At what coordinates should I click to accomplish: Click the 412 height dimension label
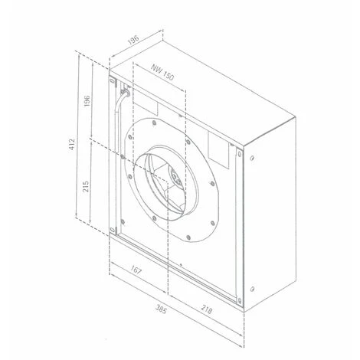click(70, 143)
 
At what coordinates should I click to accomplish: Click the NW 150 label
click(161, 74)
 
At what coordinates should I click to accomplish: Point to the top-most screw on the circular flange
click(153, 123)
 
